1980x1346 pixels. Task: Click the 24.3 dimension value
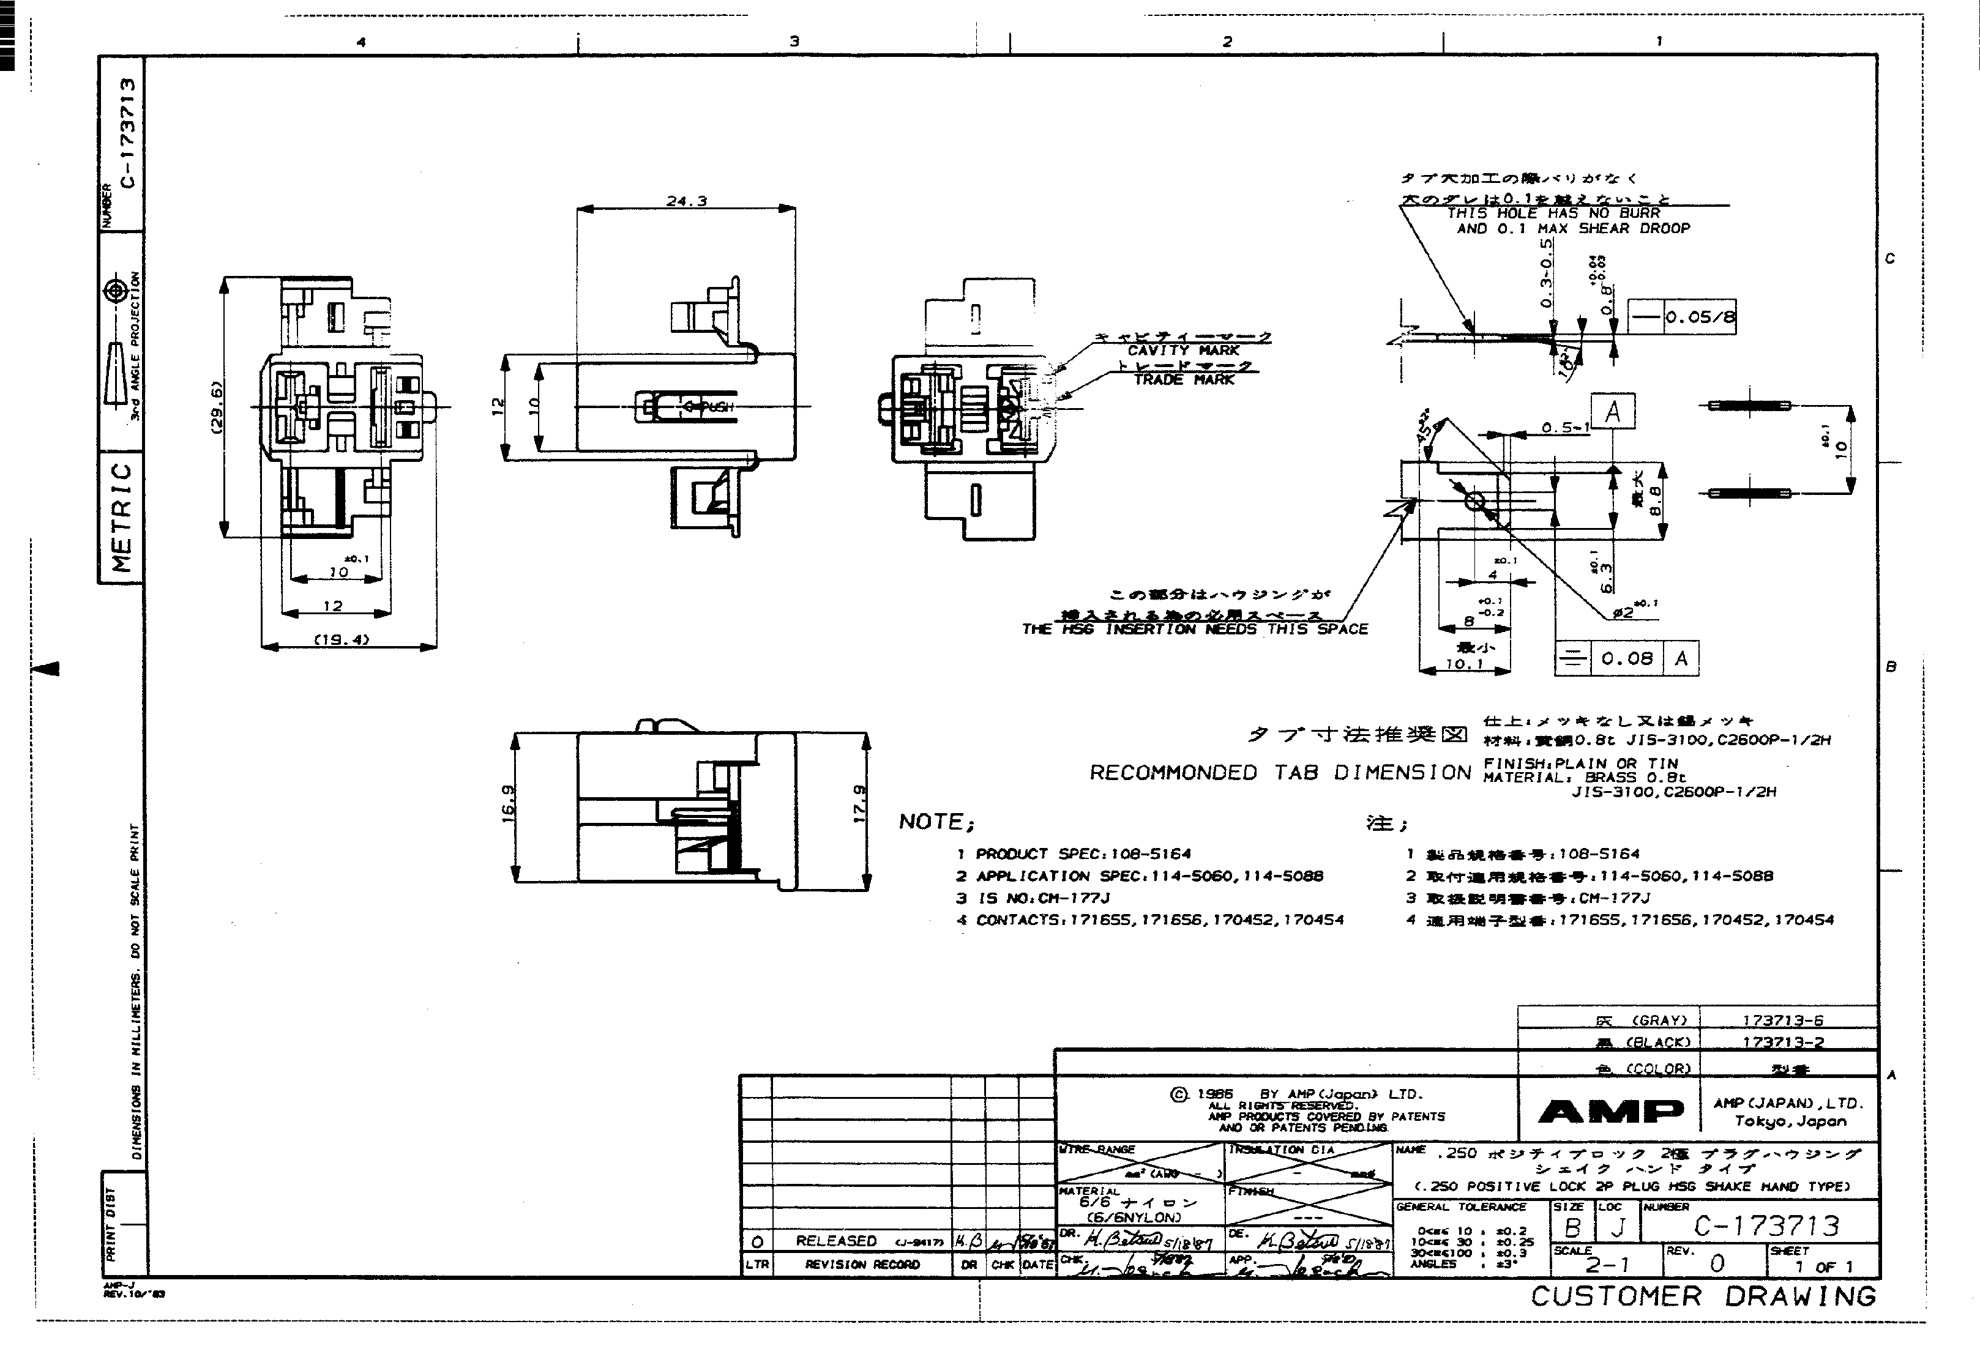(686, 202)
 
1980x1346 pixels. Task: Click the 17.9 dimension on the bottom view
(860, 803)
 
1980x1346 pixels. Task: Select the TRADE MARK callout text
(1183, 380)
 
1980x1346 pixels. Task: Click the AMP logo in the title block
(1610, 1111)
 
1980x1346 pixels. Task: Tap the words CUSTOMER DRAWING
(1703, 1296)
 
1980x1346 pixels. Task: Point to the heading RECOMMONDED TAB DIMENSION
(1280, 773)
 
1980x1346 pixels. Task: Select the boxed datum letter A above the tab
(1612, 412)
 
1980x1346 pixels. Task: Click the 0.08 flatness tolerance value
(1626, 658)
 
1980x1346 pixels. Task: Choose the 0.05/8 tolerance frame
(1683, 318)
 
